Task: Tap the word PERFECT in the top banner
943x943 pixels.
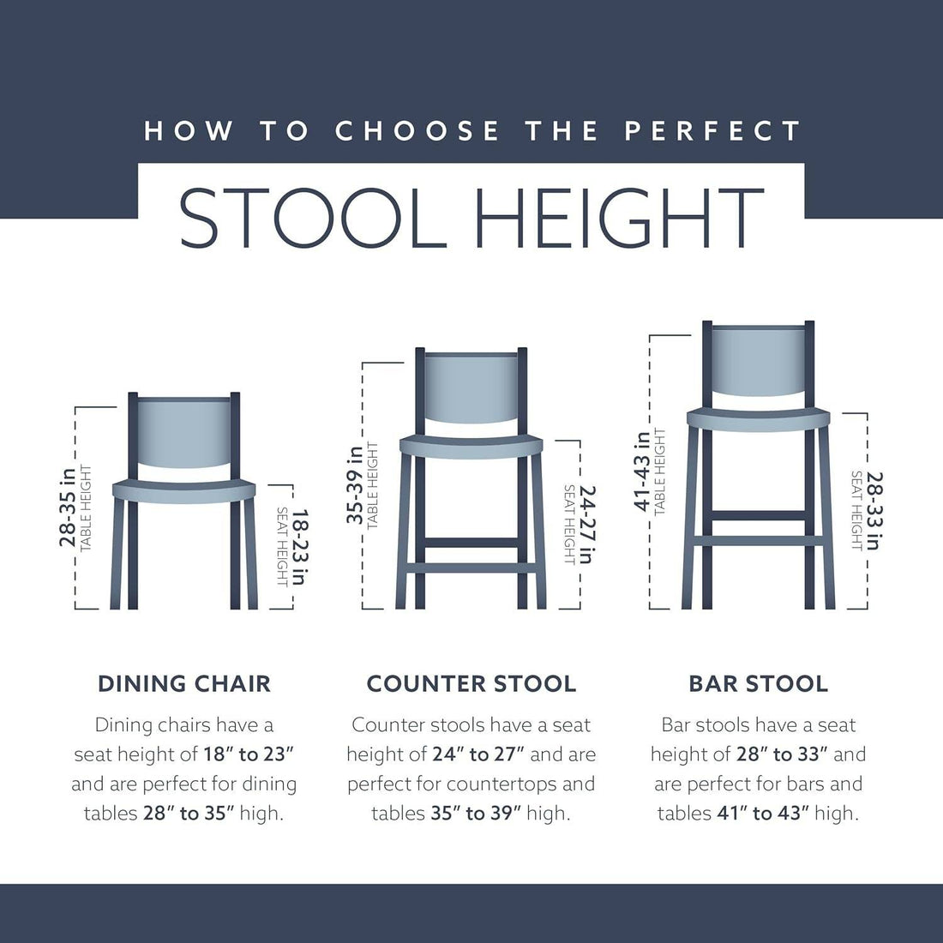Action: (x=712, y=131)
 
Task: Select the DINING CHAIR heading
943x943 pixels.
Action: (x=184, y=684)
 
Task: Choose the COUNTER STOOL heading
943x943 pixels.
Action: (x=471, y=684)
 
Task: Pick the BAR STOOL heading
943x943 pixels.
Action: (x=759, y=684)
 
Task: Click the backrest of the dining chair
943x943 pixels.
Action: (x=184, y=435)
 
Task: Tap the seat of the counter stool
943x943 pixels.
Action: (x=471, y=446)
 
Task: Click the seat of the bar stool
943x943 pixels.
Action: (x=759, y=419)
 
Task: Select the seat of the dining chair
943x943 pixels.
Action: (x=184, y=491)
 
